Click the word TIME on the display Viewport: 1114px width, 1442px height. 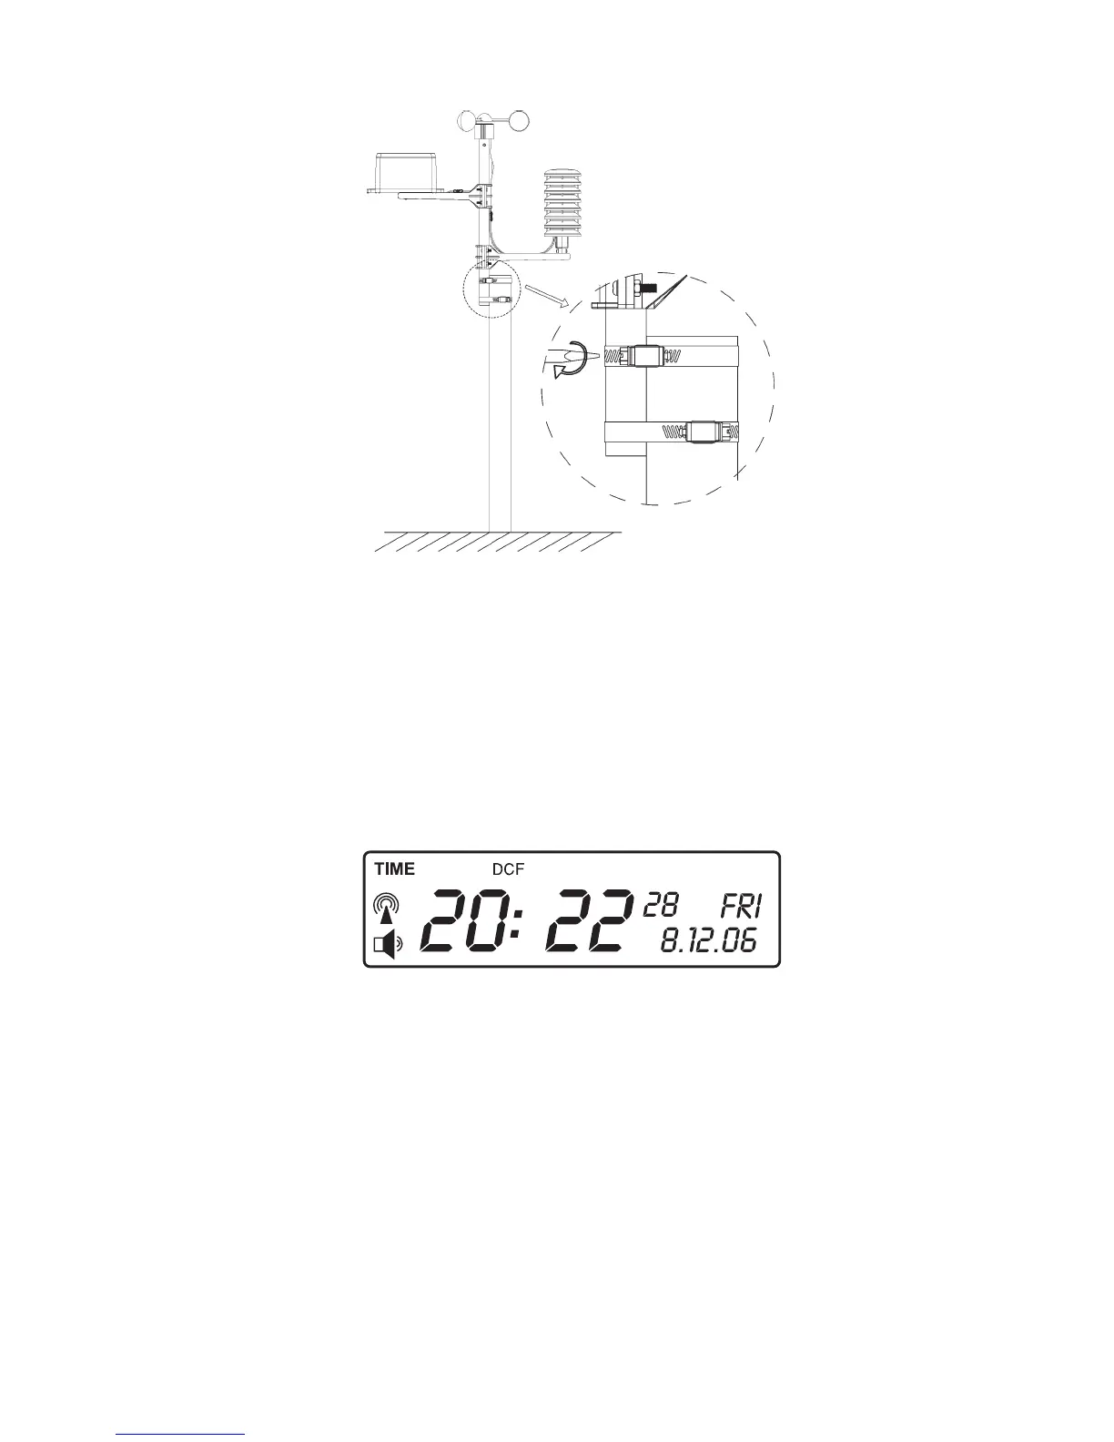click(x=394, y=868)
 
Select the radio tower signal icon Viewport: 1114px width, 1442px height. click(x=387, y=910)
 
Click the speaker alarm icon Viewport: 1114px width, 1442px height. click(x=386, y=947)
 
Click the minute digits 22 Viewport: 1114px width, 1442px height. click(x=588, y=921)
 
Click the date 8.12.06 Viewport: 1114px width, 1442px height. click(x=708, y=941)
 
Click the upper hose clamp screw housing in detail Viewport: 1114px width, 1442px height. click(x=648, y=355)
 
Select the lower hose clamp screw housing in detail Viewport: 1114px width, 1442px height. click(x=704, y=431)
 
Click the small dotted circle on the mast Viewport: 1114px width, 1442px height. click(x=490, y=289)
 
